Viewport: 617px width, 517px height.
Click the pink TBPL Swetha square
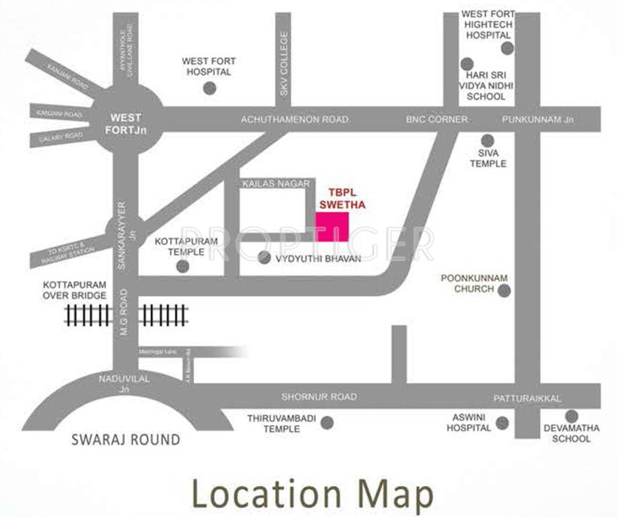[x=332, y=227]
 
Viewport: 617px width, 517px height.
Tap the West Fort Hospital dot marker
[x=210, y=88]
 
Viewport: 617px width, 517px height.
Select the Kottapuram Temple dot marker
[x=183, y=266]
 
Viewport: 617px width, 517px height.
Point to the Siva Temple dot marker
[x=488, y=140]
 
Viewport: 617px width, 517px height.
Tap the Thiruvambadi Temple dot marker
[x=327, y=423]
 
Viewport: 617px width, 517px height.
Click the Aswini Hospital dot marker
[x=502, y=423]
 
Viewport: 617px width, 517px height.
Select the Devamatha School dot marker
[x=571, y=416]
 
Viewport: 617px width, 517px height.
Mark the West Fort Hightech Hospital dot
[x=507, y=47]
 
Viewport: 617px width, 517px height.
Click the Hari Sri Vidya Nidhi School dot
[x=466, y=64]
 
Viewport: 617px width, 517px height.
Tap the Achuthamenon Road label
[x=295, y=120]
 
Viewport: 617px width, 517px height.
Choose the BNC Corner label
[x=436, y=120]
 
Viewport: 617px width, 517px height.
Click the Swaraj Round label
[x=126, y=440]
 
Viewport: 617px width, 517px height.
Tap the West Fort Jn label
[x=125, y=122]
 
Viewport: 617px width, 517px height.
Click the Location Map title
[x=312, y=494]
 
